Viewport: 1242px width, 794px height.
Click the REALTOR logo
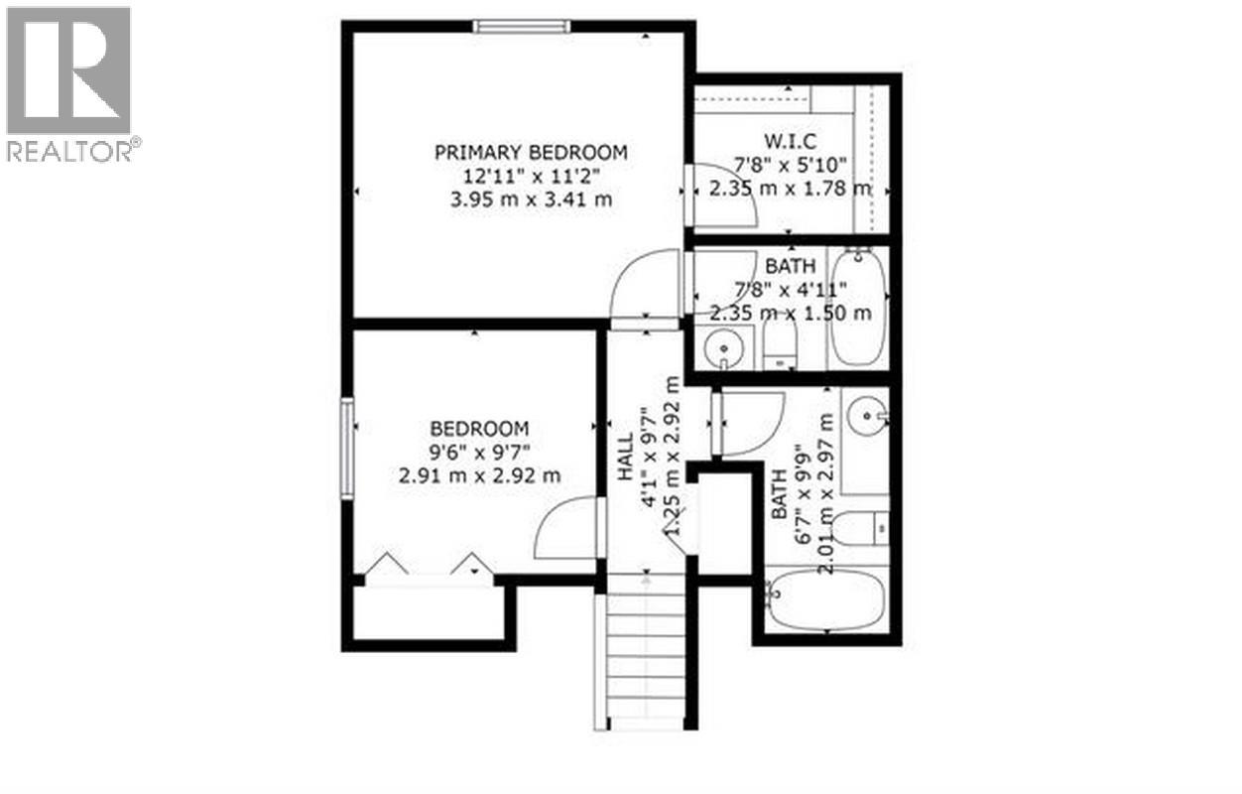(x=69, y=83)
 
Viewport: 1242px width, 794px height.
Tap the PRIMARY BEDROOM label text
(x=531, y=152)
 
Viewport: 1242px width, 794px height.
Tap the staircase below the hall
(x=645, y=660)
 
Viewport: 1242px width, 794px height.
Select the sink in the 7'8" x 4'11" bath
(x=724, y=349)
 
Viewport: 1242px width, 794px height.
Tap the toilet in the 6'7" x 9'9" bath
(x=859, y=528)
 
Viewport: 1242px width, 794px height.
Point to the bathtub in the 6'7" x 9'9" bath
(x=826, y=601)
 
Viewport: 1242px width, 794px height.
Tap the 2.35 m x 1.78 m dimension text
(x=790, y=188)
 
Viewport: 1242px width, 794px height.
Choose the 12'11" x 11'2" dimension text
(x=531, y=176)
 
